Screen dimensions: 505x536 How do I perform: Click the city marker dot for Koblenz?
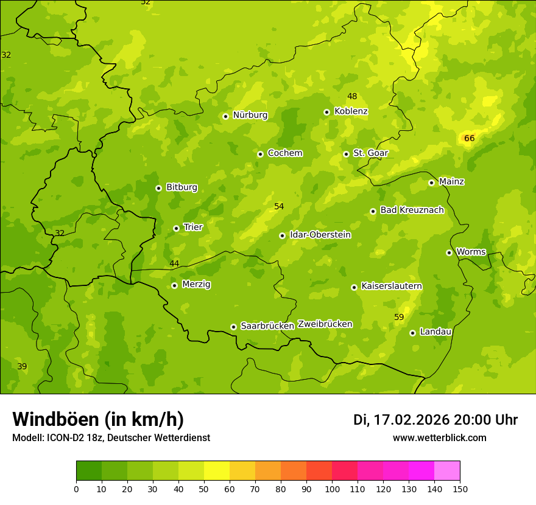(x=326, y=112)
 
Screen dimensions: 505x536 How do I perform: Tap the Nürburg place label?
(x=250, y=115)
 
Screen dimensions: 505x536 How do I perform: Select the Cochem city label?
(x=284, y=153)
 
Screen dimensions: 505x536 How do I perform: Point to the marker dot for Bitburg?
(x=158, y=188)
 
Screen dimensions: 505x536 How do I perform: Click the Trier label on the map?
(x=192, y=228)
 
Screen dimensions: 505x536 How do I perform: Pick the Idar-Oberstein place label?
(x=320, y=235)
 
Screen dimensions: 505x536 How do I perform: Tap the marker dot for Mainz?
(x=431, y=183)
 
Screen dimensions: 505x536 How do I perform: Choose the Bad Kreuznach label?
(x=412, y=211)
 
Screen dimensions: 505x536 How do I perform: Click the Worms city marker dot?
(x=449, y=252)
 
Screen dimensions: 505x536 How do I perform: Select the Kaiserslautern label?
(x=392, y=287)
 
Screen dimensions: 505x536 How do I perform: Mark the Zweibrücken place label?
(x=325, y=324)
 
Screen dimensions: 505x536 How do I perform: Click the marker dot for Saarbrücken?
(x=233, y=327)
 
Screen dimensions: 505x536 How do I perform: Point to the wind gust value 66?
(x=469, y=139)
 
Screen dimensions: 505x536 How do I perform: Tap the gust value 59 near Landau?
(x=399, y=318)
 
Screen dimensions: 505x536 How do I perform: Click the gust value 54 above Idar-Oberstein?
(x=279, y=207)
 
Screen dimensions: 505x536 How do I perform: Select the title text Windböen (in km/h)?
(x=98, y=419)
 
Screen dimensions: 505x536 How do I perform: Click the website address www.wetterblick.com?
(x=439, y=438)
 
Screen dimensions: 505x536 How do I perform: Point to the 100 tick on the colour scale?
(x=332, y=489)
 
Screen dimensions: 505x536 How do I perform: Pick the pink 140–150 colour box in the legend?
(x=447, y=471)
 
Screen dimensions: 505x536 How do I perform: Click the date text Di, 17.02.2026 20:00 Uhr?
(x=435, y=420)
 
